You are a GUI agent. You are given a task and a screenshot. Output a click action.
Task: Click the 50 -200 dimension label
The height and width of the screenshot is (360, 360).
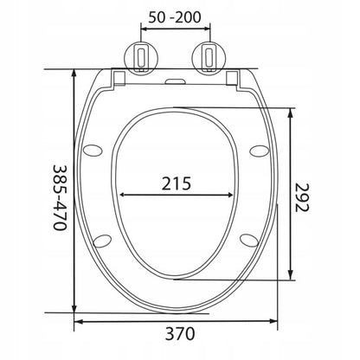tap(175, 17)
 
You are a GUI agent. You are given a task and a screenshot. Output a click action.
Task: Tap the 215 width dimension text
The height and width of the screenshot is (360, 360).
tap(176, 183)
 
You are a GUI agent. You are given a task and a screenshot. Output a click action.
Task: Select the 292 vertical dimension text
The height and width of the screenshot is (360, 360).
tap(302, 197)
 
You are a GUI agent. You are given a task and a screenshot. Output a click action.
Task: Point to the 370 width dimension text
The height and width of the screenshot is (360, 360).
tap(180, 334)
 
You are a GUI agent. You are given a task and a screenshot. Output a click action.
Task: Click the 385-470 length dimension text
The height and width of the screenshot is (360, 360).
tap(60, 197)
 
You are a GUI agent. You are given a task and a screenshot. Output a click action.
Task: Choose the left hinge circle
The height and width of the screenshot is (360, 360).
tap(141, 57)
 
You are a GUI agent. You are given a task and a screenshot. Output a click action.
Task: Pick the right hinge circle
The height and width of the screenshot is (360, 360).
tap(209, 57)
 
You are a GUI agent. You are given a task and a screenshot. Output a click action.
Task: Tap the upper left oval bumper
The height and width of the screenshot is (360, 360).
tap(93, 151)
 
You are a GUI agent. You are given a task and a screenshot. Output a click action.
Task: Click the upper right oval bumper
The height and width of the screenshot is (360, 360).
tap(260, 151)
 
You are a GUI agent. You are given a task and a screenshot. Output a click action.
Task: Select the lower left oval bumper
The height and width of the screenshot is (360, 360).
tap(103, 241)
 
